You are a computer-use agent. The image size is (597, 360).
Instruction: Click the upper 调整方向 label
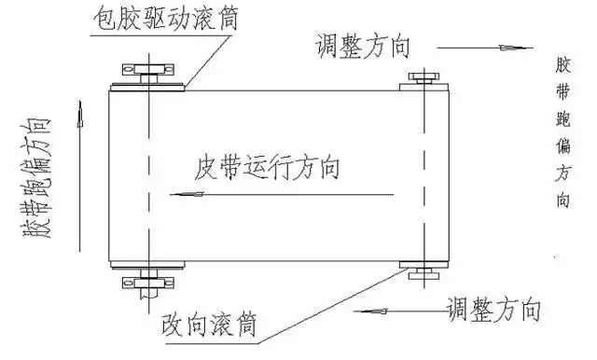pyautogui.click(x=363, y=46)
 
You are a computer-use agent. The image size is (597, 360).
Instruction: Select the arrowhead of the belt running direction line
pyautogui.click(x=191, y=194)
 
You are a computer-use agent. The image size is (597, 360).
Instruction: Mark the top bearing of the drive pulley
pyautogui.click(x=147, y=71)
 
